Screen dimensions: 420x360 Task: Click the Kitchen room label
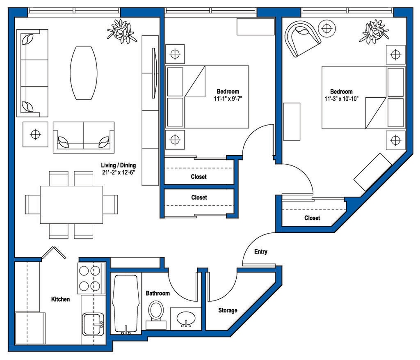click(x=61, y=299)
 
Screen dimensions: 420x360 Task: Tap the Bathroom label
click(x=158, y=293)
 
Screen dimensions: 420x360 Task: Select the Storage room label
click(x=228, y=310)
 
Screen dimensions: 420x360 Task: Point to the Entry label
click(x=260, y=252)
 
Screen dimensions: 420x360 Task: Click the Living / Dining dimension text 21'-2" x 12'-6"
click(x=118, y=173)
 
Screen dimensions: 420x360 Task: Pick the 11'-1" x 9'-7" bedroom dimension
click(x=228, y=99)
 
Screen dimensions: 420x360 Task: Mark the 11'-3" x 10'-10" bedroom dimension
click(x=342, y=99)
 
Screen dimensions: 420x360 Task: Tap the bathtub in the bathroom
click(x=126, y=304)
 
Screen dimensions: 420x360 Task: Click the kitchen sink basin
click(x=93, y=324)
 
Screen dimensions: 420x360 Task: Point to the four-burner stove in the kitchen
click(x=91, y=278)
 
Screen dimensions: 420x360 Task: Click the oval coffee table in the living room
click(x=84, y=73)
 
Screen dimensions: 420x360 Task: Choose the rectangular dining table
click(x=71, y=205)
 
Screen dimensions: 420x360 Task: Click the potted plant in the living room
click(x=121, y=31)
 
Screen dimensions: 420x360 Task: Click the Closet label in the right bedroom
click(x=312, y=218)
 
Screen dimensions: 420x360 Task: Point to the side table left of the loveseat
click(x=35, y=134)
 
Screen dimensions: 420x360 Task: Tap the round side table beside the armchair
click(x=327, y=28)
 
